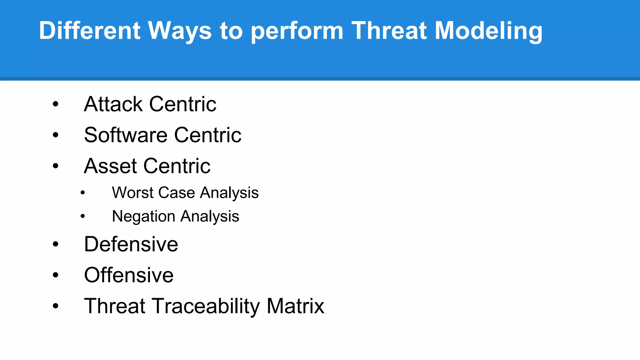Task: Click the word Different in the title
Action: [x=89, y=31]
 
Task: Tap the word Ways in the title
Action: [x=180, y=31]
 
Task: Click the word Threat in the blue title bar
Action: [x=389, y=31]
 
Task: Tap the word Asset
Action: [x=110, y=166]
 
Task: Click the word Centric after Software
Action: [x=207, y=135]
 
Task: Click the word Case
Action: [x=177, y=192]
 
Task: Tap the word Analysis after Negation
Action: [x=210, y=217]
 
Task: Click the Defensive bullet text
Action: [x=131, y=244]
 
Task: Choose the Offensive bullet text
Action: [x=129, y=275]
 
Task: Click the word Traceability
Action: [x=206, y=306]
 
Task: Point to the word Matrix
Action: [x=295, y=306]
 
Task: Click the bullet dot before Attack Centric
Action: [x=56, y=104]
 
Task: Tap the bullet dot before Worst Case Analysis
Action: [x=82, y=193]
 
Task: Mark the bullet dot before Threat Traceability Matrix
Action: [x=56, y=306]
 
